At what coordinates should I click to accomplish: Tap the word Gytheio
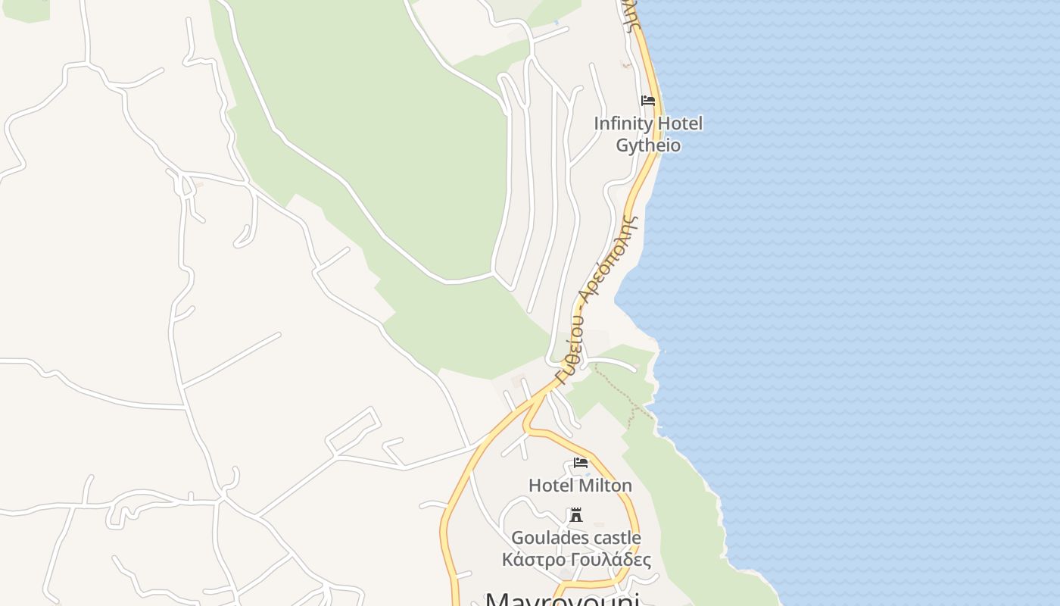point(648,145)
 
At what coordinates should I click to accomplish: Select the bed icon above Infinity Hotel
point(648,100)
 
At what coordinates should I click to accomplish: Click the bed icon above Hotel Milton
point(581,462)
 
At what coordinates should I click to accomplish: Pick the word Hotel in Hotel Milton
point(550,486)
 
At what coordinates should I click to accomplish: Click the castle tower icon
point(576,515)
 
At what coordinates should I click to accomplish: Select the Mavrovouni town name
point(562,598)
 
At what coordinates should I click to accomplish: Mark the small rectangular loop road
point(353,430)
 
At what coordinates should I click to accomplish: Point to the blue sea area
point(871,303)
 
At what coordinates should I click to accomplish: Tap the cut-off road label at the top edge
point(633,14)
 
